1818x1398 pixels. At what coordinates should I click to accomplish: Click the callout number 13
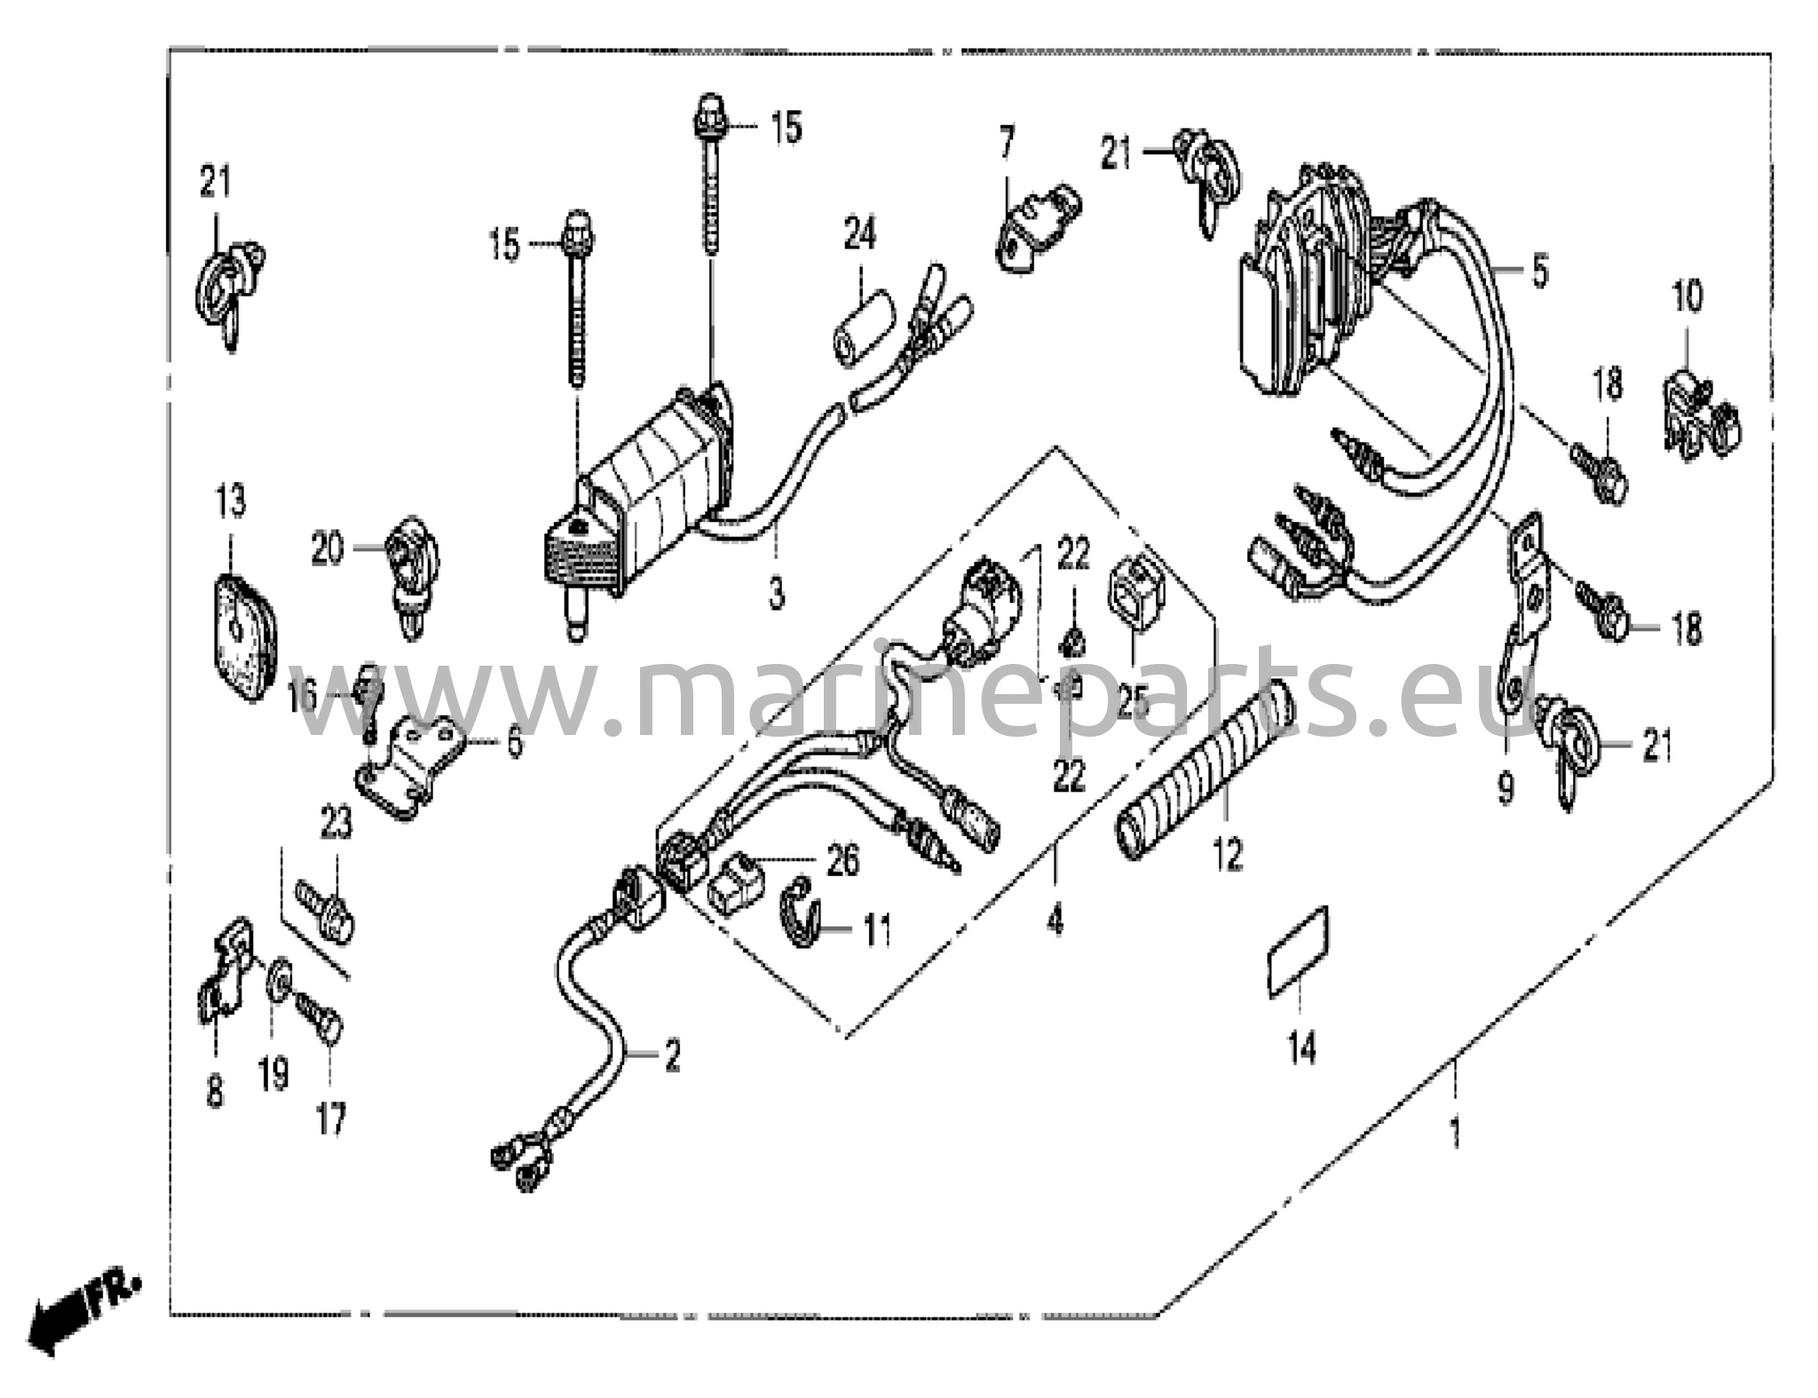231,503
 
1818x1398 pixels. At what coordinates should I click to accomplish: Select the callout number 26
842,861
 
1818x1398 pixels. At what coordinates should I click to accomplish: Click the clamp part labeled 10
1698,415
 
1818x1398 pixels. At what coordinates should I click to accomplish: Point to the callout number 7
1006,144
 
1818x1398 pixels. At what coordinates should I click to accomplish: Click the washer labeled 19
279,979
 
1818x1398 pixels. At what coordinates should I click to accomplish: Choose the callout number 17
330,1118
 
